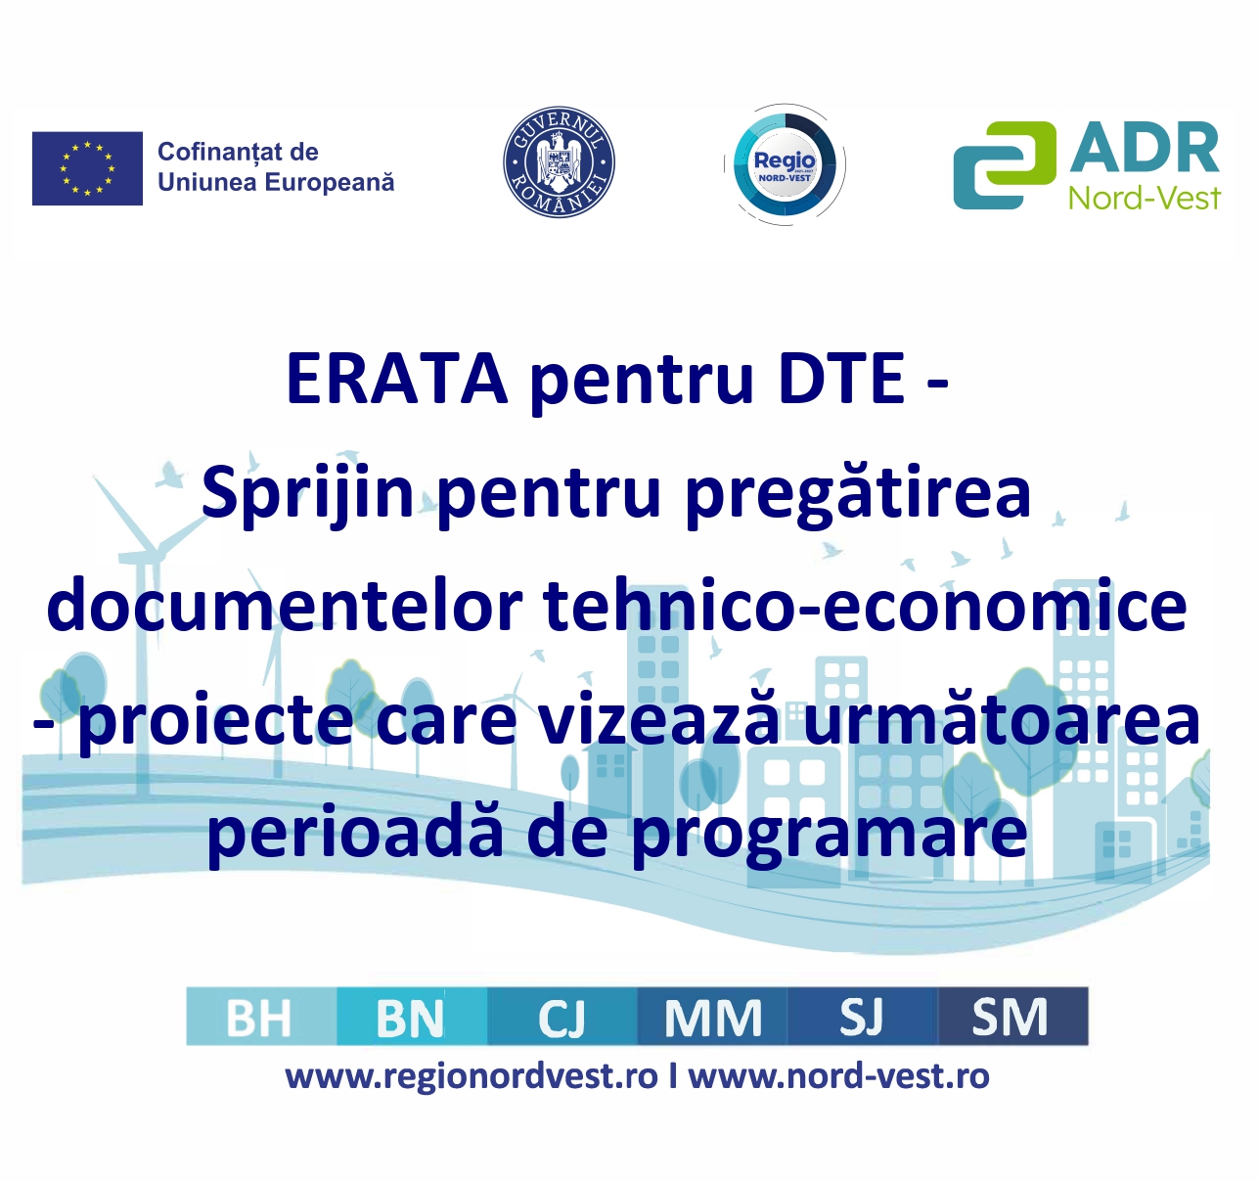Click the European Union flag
[87, 168]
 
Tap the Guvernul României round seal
[559, 162]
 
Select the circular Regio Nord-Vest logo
[785, 164]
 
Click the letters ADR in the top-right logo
[1145, 149]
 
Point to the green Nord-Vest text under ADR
[1145, 197]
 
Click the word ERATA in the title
[398, 380]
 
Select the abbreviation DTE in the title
[841, 380]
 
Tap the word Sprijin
[308, 495]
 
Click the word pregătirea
[859, 495]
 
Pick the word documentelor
[285, 606]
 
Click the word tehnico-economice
[866, 606]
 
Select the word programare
[830, 834]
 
